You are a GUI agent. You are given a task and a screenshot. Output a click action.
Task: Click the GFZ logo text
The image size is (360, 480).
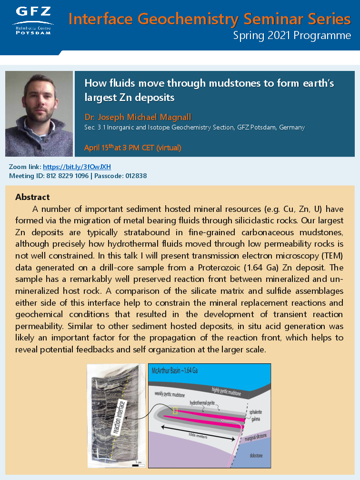point(33,12)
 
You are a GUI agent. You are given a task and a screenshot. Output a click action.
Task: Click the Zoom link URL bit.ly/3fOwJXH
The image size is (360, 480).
point(77,167)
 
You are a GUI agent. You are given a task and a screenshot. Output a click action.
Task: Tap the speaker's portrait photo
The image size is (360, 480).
point(39,114)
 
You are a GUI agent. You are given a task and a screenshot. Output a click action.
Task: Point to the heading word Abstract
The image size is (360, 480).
point(32,197)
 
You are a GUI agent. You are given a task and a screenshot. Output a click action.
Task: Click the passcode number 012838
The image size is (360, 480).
point(134,176)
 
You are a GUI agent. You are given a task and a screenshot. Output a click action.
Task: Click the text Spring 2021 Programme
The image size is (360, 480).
point(292,36)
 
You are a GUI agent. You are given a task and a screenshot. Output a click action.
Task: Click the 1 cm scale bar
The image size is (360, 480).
point(138,461)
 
